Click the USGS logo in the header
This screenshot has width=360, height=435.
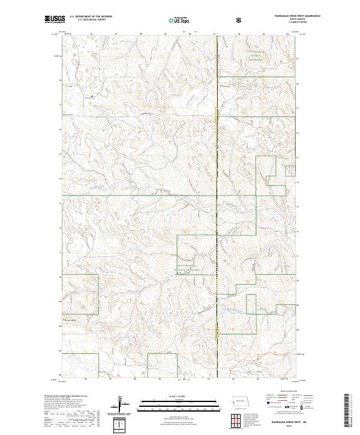coord(55,19)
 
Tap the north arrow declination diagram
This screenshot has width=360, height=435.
coord(125,405)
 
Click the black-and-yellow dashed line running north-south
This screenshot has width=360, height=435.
coord(217,180)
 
